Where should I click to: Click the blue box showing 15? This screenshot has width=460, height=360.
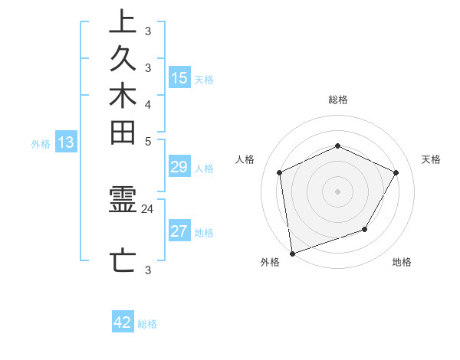(x=179, y=77)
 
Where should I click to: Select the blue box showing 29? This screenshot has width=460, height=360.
(x=179, y=168)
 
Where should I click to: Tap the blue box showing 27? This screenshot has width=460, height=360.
(x=179, y=232)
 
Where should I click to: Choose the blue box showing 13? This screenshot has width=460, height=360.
(x=67, y=142)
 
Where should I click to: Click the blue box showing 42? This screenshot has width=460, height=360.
(x=123, y=322)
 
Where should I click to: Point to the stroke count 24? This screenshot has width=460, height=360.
(x=148, y=208)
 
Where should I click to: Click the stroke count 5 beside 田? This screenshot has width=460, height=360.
(x=148, y=141)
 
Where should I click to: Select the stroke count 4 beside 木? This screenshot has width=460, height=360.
(x=148, y=104)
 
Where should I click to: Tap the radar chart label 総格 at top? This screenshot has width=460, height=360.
(x=337, y=100)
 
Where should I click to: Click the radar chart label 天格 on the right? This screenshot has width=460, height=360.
(x=431, y=159)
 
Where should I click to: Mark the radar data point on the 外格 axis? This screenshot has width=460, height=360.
(x=292, y=253)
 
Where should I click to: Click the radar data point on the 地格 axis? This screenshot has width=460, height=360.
(x=365, y=229)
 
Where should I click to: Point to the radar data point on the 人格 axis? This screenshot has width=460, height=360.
(x=280, y=172)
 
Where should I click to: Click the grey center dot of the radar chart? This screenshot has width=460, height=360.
(x=337, y=191)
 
